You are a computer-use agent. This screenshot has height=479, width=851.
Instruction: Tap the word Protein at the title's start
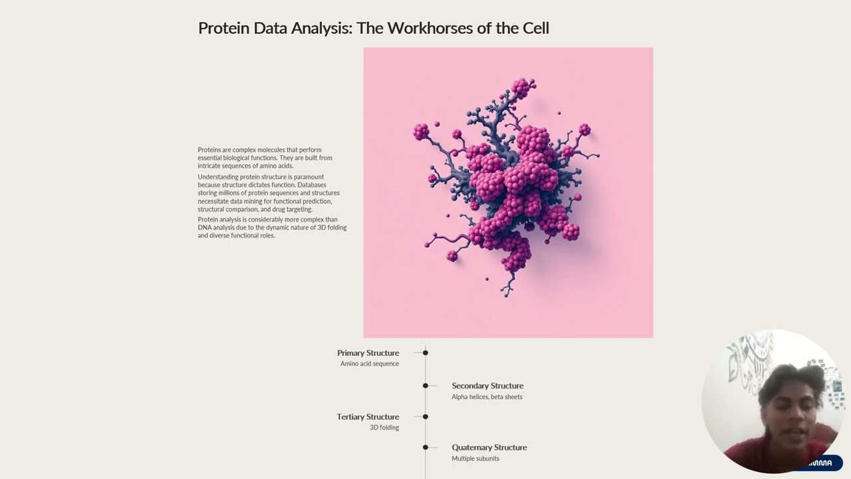point(224,28)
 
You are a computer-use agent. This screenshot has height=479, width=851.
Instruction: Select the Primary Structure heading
point(368,353)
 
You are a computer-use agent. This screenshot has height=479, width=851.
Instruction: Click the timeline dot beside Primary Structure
point(425,353)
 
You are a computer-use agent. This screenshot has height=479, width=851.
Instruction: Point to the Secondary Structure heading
point(487,385)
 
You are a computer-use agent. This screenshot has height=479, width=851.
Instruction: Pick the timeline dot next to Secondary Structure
point(425,385)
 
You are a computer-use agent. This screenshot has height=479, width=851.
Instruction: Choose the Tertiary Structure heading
point(368,416)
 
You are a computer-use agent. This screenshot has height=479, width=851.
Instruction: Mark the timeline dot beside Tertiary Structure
point(425,416)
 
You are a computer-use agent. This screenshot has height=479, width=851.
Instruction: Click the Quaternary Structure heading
point(489,448)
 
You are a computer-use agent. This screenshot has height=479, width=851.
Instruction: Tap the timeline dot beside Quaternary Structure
point(425,448)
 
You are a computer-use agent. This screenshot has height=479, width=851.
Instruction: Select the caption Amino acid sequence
point(370,363)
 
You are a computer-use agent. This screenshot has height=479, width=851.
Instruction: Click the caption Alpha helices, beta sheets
point(487,397)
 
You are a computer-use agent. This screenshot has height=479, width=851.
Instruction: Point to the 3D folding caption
point(384,427)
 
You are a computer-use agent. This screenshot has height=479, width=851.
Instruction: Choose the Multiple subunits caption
point(475,458)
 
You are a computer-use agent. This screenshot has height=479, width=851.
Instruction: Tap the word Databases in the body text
point(312,185)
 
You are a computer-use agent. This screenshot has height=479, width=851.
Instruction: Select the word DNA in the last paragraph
point(204,228)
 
